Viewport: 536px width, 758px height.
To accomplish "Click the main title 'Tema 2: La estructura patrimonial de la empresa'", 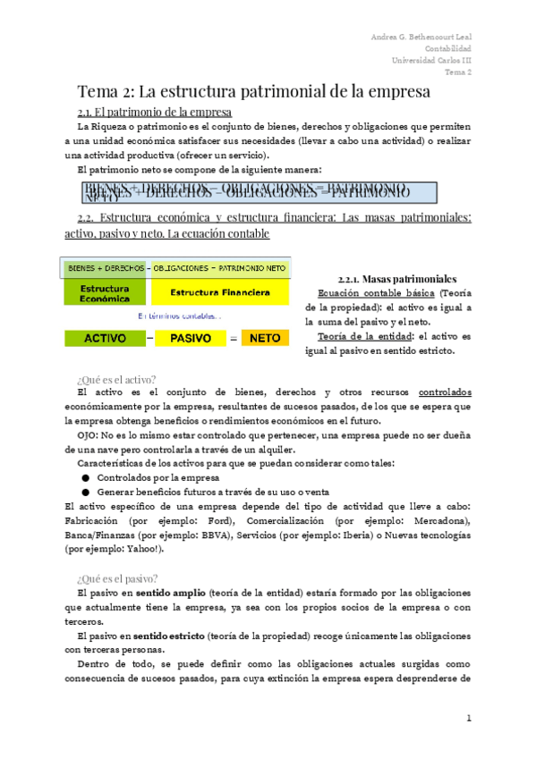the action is coord(253,92).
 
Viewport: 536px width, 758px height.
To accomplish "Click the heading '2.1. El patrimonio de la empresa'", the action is coord(155,113).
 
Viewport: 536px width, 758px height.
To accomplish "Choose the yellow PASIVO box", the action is coord(197,339).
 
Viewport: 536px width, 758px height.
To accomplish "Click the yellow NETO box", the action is coord(265,339).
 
